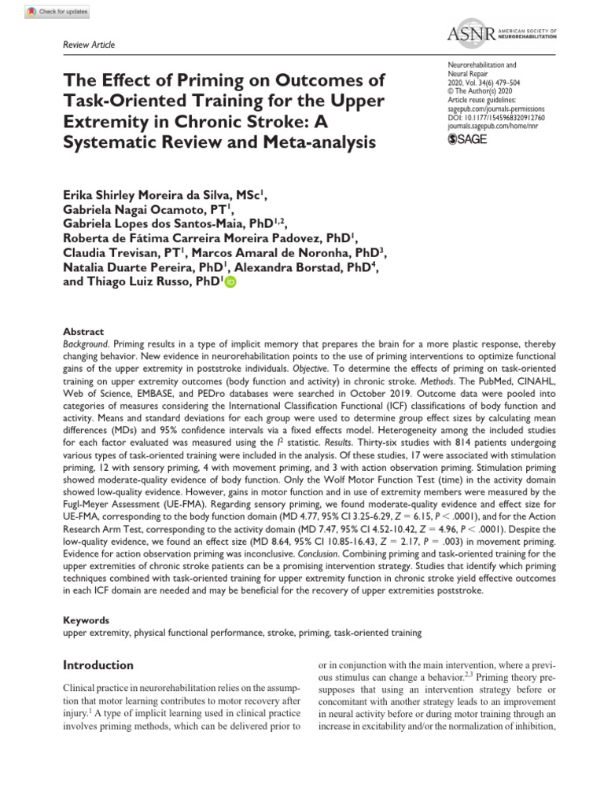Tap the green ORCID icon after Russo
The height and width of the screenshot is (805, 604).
(230, 284)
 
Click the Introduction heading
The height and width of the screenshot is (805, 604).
(98, 665)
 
